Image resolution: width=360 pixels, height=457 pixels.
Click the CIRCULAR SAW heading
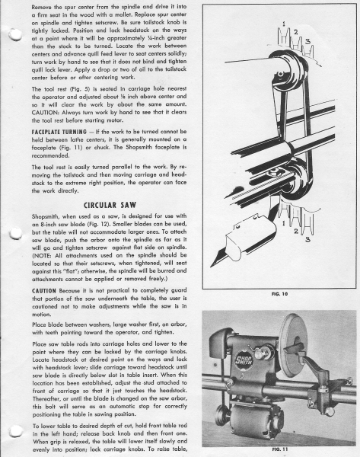click(110, 205)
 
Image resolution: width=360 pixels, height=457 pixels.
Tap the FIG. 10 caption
click(279, 294)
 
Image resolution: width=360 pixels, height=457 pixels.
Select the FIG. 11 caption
click(279, 449)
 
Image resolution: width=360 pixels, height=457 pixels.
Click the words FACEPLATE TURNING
click(59, 132)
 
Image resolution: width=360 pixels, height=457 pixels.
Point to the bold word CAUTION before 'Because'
click(44, 291)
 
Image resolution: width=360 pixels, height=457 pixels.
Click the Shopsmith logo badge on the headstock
click(244, 361)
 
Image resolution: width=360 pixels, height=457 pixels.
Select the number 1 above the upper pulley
click(284, 24)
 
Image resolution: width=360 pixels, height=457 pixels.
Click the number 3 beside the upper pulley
click(307, 42)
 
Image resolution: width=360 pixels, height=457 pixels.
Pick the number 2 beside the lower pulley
click(296, 231)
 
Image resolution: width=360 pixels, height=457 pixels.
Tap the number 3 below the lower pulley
click(307, 240)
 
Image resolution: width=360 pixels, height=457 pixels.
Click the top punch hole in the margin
click(15, 34)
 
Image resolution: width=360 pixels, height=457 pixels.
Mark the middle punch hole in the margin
click(16, 233)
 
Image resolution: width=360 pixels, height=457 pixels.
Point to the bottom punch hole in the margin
click(16, 432)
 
